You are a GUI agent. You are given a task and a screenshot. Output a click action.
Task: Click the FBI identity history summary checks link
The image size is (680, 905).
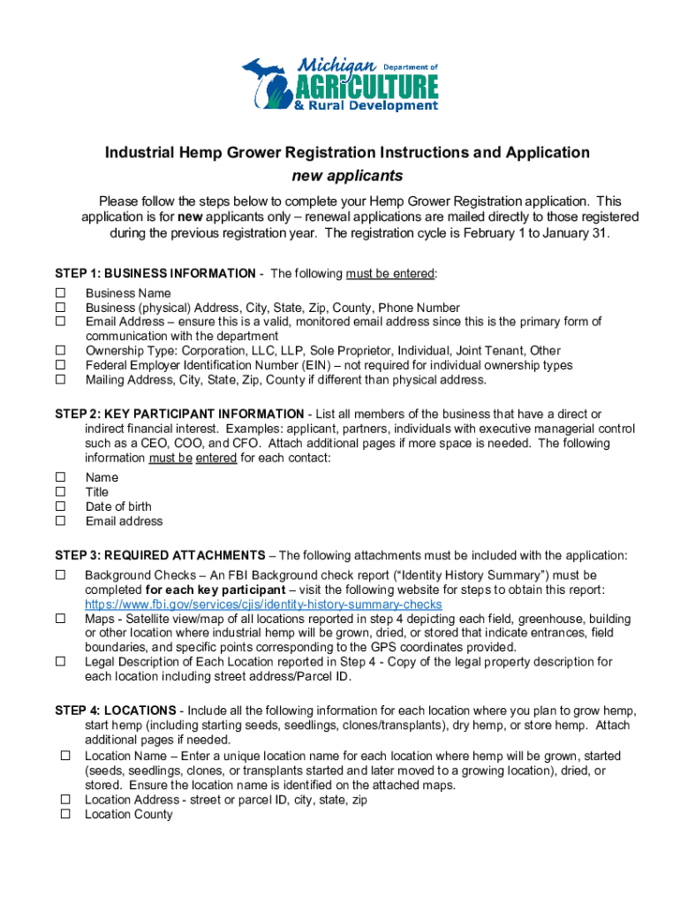tap(263, 605)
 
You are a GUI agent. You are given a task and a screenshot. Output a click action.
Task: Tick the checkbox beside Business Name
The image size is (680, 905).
tap(62, 293)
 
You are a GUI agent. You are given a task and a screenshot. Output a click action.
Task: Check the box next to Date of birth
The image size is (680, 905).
tap(62, 506)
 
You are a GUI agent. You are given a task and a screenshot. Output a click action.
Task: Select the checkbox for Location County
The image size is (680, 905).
tap(65, 815)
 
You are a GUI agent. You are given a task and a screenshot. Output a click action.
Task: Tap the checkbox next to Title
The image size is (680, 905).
tap(62, 491)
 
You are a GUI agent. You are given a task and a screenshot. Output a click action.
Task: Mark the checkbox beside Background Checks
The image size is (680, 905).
tap(62, 574)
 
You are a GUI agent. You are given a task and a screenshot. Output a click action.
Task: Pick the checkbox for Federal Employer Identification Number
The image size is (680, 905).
tap(62, 365)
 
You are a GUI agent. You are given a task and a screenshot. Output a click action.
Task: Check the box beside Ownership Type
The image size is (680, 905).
tap(62, 351)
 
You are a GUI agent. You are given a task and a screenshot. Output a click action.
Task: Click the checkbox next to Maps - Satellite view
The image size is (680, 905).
tap(62, 619)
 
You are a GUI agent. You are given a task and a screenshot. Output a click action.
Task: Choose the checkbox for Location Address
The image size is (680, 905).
tap(65, 799)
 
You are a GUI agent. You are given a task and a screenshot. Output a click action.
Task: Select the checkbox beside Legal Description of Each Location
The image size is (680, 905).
tap(62, 662)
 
